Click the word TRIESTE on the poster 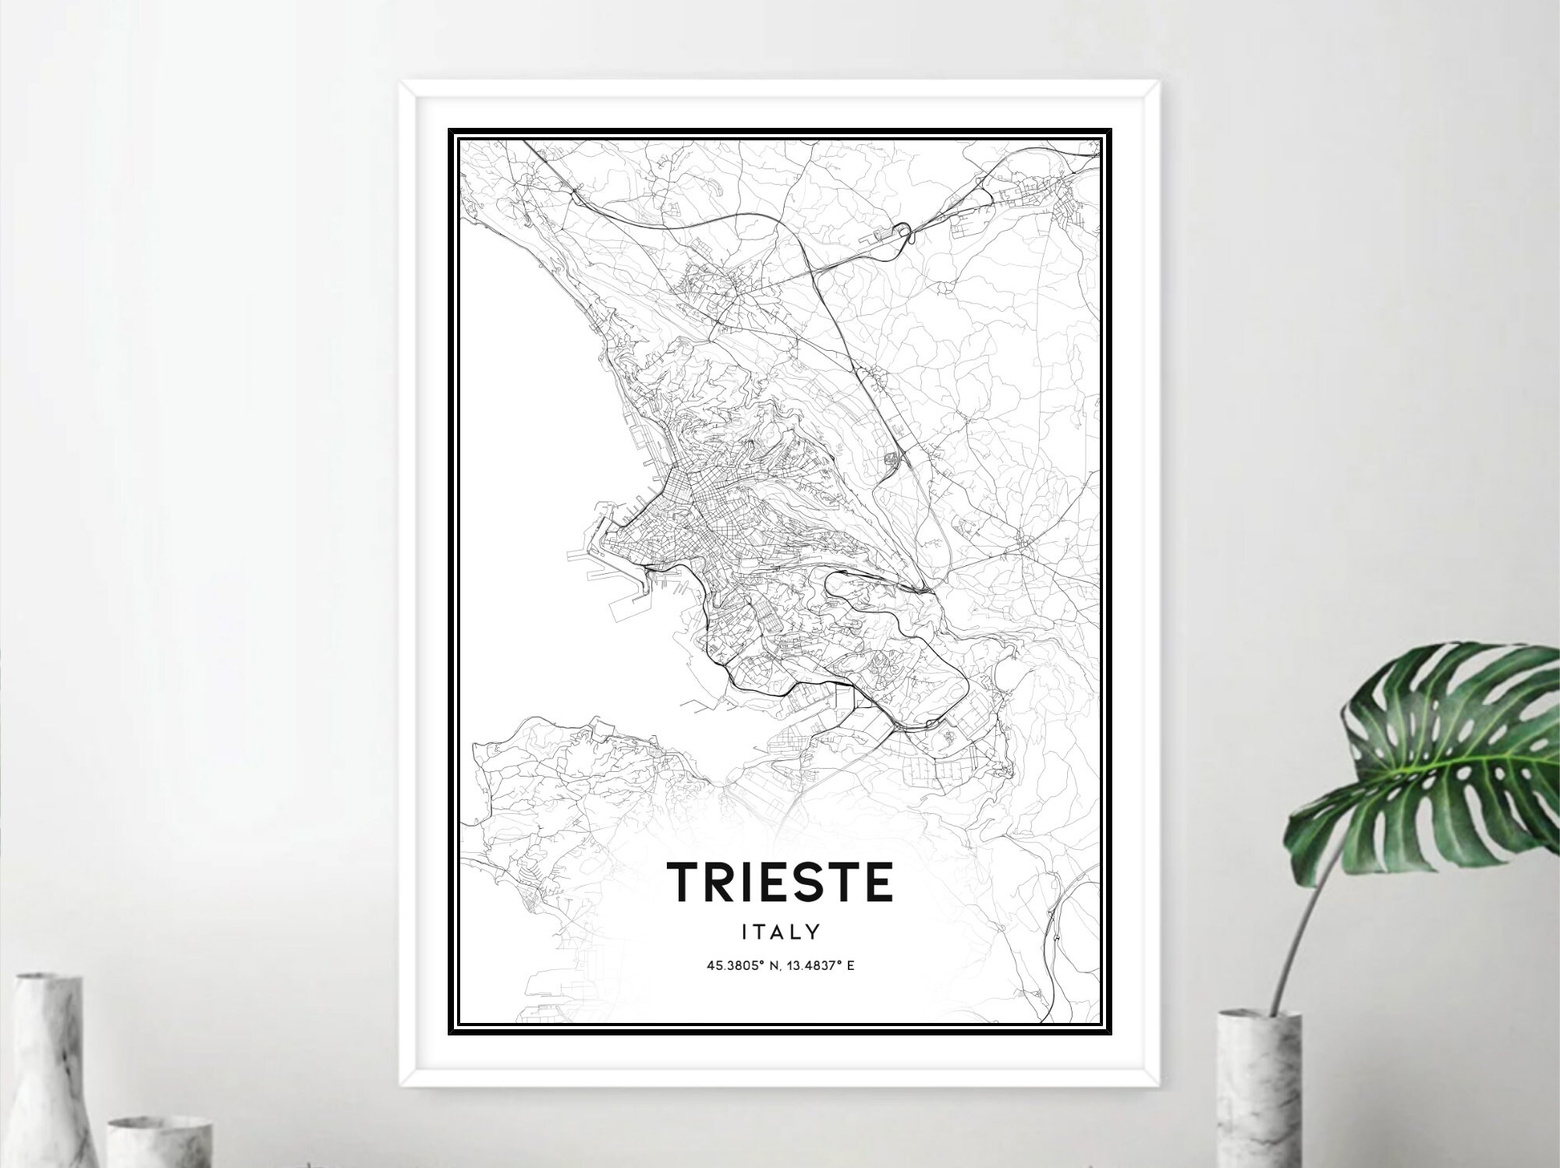(x=779, y=882)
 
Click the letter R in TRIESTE (x=723, y=882)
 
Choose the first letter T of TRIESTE (x=683, y=882)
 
